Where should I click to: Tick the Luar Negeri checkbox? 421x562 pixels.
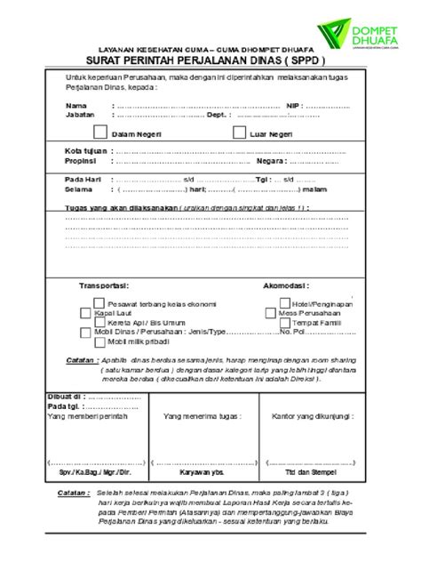click(x=238, y=132)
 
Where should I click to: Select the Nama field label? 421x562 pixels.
click(x=75, y=105)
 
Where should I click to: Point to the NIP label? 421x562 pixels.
click(x=295, y=105)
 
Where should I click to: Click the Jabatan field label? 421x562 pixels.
click(x=79, y=113)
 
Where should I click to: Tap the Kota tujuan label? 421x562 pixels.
click(x=85, y=152)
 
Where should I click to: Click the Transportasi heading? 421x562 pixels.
click(x=105, y=286)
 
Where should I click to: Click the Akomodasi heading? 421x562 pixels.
click(x=285, y=286)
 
